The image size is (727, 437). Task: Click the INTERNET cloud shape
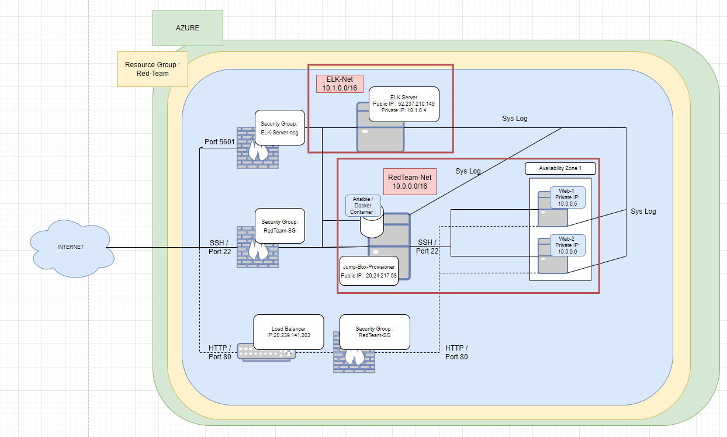(x=71, y=247)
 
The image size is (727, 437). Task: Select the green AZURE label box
(x=188, y=28)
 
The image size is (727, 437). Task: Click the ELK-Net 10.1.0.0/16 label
(x=340, y=84)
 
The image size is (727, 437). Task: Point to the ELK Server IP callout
(x=404, y=104)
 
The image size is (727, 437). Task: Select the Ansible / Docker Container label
(x=363, y=206)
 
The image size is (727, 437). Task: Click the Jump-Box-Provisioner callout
(x=369, y=270)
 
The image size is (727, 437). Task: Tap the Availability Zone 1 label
(x=560, y=169)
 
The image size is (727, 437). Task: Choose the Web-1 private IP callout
(x=567, y=197)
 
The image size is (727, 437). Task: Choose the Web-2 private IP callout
(x=567, y=245)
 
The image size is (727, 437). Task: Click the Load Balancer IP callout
(x=289, y=332)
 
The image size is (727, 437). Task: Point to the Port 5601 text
(x=220, y=142)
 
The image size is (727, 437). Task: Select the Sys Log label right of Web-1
(x=643, y=211)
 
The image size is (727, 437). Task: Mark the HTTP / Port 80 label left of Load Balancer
(x=220, y=352)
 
